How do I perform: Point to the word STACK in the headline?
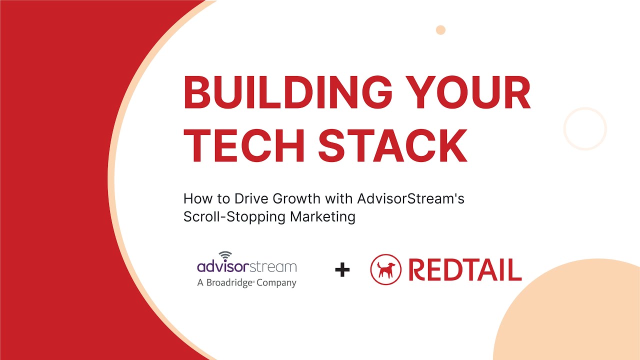pos(392,145)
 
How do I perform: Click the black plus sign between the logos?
pos(342,270)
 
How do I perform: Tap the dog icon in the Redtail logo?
pos(385,269)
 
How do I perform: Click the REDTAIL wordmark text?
pos(465,270)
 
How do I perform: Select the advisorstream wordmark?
pos(246,266)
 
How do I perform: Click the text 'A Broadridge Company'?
pos(246,282)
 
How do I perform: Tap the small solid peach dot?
pos(440,30)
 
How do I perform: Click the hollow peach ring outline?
pos(585,128)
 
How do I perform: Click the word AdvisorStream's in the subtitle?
pos(410,199)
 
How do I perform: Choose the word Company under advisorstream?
pos(276,283)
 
